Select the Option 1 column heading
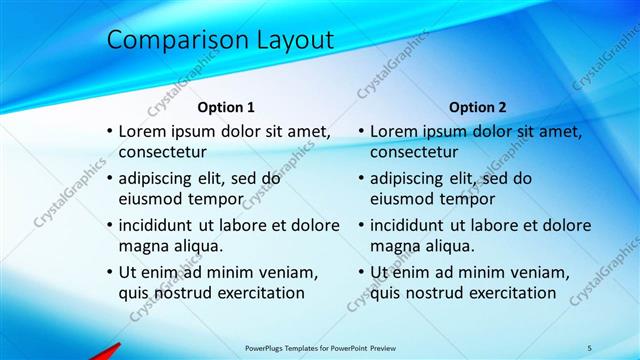(226, 107)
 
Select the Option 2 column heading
(478, 107)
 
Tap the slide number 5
(589, 348)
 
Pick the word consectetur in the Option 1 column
(162, 153)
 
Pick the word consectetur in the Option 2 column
(414, 153)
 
